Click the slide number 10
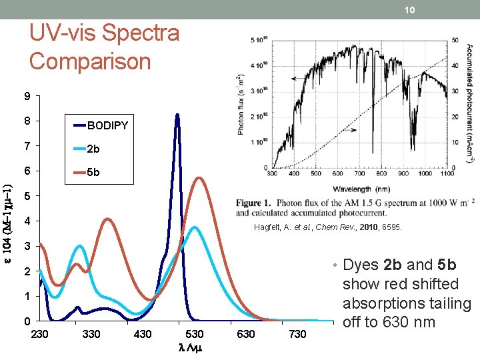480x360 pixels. tap(411, 9)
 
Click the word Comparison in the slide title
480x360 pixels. tap(90, 61)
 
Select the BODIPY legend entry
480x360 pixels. tap(107, 125)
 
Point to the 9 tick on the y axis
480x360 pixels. tap(27, 97)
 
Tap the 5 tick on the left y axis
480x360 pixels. tap(27, 197)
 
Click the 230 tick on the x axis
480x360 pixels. tap(40, 333)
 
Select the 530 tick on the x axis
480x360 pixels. tap(195, 333)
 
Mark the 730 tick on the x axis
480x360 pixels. tap(298, 333)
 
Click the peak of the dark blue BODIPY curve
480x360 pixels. tap(177, 115)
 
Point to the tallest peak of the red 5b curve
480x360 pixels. tap(199, 177)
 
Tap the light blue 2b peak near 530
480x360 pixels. tap(194, 227)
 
